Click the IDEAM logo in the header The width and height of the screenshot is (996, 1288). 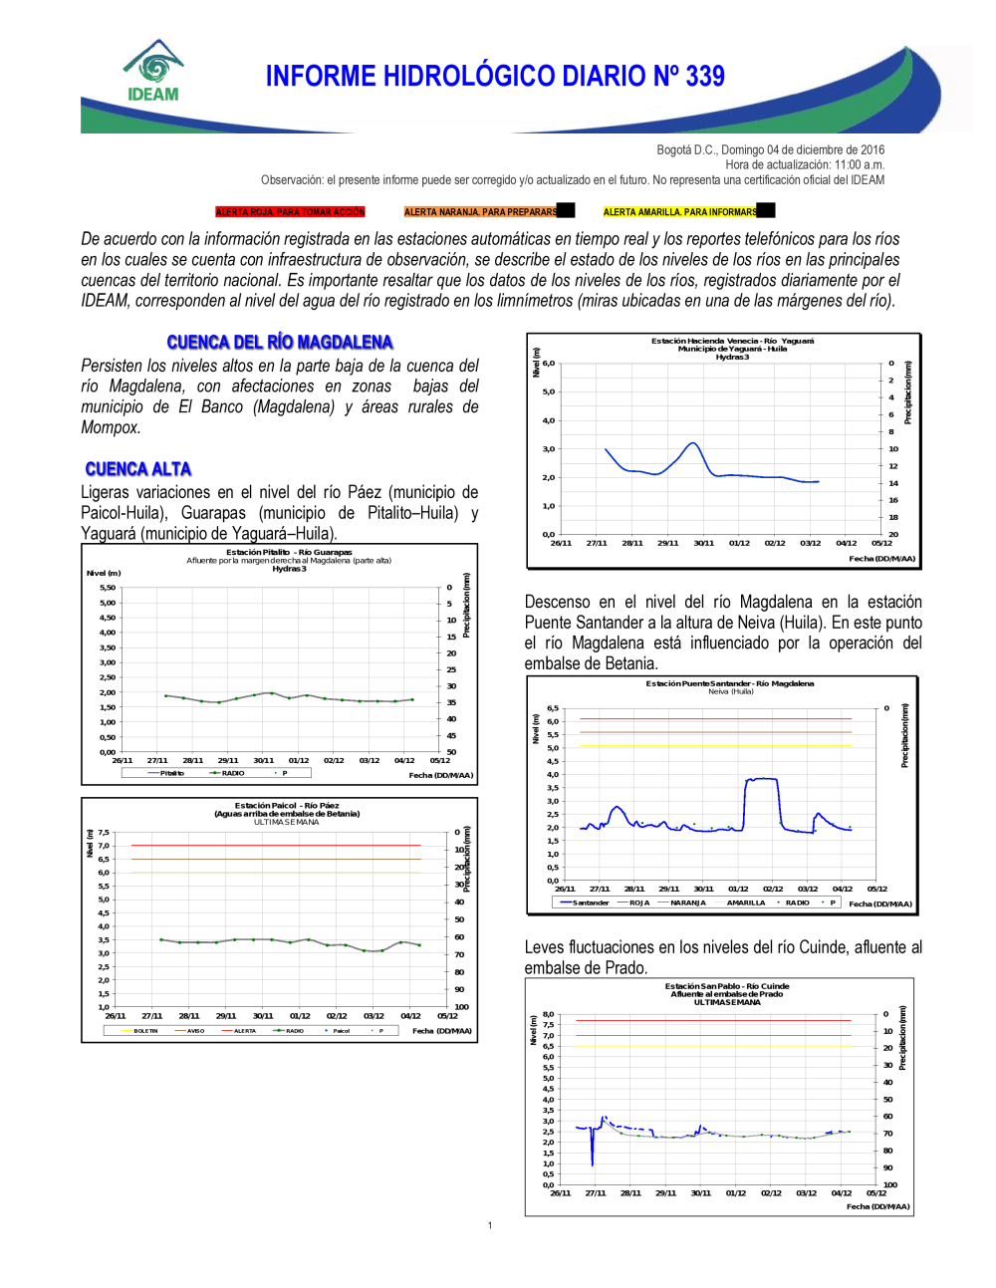click(x=152, y=72)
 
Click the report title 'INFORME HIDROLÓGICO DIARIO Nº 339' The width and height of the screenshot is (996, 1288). click(x=495, y=77)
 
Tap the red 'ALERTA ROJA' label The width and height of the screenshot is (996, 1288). click(x=290, y=212)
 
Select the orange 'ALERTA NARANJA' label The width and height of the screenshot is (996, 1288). click(x=480, y=212)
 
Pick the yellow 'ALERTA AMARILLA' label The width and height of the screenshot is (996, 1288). click(x=680, y=212)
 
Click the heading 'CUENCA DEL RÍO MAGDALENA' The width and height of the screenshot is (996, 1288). click(x=280, y=343)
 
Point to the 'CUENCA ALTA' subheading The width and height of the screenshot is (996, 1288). click(x=138, y=469)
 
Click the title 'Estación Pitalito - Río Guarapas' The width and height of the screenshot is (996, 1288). click(x=289, y=552)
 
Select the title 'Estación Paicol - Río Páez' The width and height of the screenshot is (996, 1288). click(x=287, y=805)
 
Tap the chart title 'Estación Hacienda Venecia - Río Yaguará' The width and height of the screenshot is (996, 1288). click(x=732, y=341)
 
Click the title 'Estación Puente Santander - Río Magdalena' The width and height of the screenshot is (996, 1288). click(x=729, y=683)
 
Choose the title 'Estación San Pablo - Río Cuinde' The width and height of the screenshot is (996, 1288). click(x=727, y=986)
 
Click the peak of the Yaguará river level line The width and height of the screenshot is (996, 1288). click(x=692, y=442)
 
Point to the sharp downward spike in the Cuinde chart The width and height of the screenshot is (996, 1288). click(x=593, y=1163)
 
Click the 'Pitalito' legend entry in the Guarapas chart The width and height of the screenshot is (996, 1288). click(x=171, y=773)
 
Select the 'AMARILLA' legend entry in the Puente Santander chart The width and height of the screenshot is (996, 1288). click(x=745, y=902)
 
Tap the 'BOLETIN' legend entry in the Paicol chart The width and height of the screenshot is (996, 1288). click(x=145, y=1031)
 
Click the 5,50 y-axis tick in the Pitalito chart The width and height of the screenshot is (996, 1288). click(x=108, y=588)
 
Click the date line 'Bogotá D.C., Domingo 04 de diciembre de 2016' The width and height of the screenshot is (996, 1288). click(x=770, y=150)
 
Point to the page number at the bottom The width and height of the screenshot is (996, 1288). click(x=490, y=1225)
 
